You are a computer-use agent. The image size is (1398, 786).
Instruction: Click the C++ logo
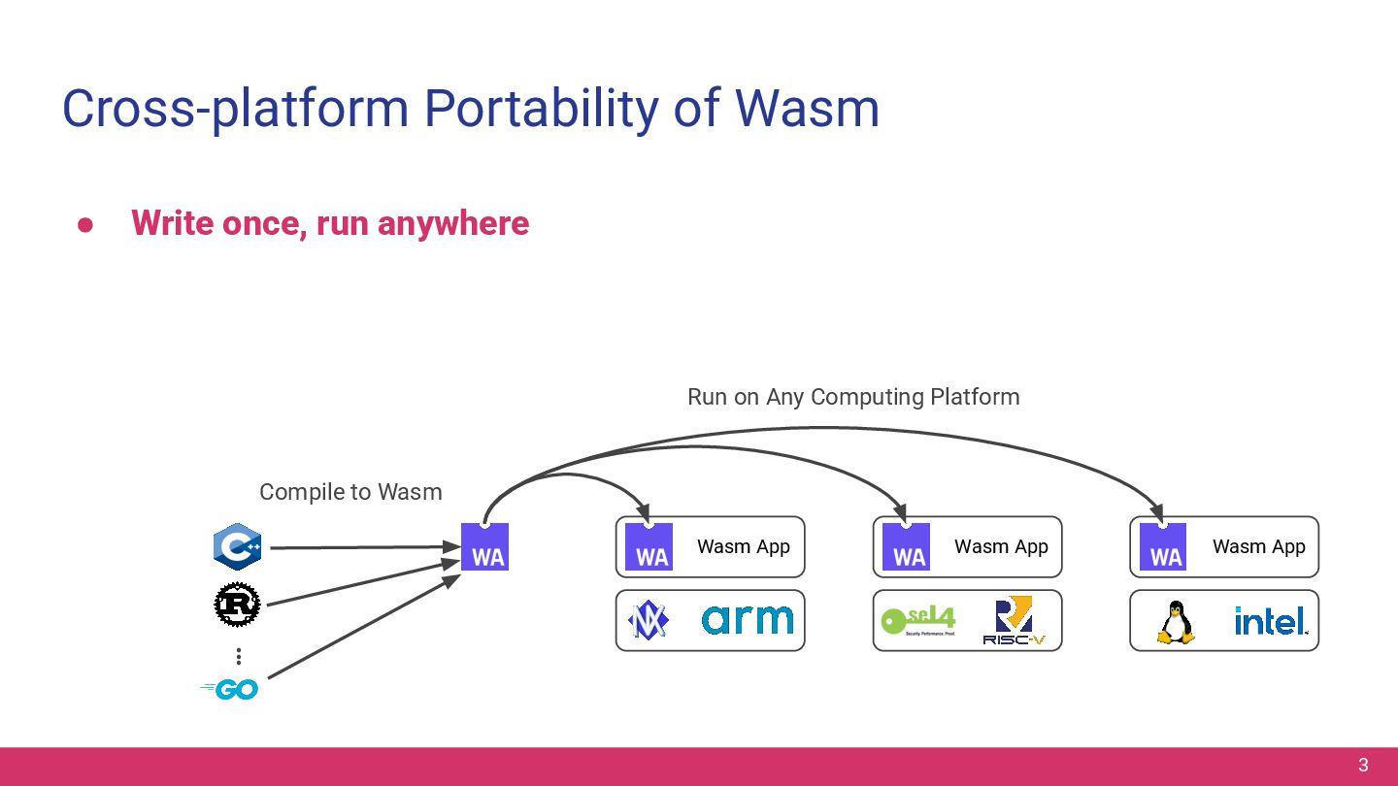237,546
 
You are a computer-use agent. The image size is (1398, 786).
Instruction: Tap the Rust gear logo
237,605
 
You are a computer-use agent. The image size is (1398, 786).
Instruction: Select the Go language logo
231,689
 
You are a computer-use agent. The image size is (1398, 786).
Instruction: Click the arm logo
747,619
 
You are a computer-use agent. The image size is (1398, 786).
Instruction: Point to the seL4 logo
917,620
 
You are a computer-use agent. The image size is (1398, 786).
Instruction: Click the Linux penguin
1175,622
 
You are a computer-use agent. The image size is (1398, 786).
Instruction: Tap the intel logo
1270,621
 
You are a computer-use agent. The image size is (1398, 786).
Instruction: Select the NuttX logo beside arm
648,621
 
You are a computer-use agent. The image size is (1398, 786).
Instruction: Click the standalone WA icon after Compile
484,546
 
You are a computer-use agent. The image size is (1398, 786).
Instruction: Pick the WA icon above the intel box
1163,546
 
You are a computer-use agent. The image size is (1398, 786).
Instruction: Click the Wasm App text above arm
744,546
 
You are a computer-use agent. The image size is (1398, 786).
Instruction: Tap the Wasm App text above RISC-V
1001,546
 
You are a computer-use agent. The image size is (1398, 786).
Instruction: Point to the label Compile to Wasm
350,492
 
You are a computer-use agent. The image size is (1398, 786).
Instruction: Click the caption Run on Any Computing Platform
853,397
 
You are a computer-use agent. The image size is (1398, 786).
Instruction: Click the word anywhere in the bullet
453,223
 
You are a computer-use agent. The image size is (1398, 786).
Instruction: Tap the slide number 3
1363,765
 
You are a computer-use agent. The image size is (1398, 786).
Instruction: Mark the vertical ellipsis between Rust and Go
238,657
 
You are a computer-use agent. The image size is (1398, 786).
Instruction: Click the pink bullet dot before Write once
85,224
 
